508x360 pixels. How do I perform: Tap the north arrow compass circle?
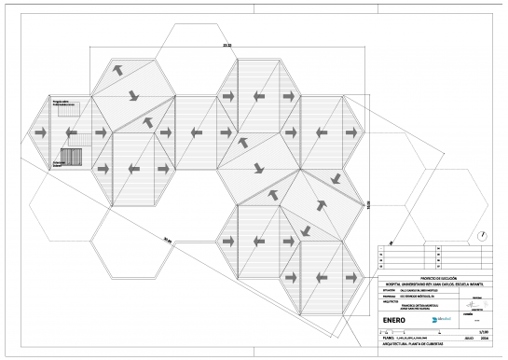481,235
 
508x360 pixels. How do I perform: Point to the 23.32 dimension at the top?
200,45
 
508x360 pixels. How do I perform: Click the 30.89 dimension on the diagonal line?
167,239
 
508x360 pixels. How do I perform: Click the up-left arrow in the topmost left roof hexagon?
120,70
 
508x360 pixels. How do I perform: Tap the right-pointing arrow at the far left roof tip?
42,133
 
